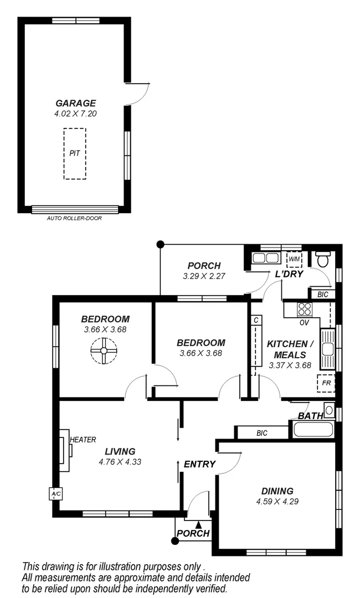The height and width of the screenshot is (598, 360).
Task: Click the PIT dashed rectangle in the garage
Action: coord(75,153)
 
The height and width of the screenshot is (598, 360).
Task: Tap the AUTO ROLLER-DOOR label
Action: coord(75,218)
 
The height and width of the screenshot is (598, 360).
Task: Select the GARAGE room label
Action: coord(75,103)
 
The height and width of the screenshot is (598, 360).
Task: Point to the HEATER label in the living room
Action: coord(83,440)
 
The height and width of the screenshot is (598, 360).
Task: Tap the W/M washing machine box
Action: coord(294,259)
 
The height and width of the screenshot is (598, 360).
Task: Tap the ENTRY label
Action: coord(199,464)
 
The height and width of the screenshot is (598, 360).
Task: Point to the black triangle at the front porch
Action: coord(198,524)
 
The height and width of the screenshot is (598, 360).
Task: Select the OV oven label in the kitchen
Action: coord(304,322)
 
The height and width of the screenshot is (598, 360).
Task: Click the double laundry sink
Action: coord(264,257)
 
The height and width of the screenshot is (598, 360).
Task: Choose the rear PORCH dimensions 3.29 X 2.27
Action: coord(204,276)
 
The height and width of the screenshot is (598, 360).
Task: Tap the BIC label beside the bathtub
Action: coord(262,433)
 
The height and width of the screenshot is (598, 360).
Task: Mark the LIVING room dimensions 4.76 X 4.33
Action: coord(117,461)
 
